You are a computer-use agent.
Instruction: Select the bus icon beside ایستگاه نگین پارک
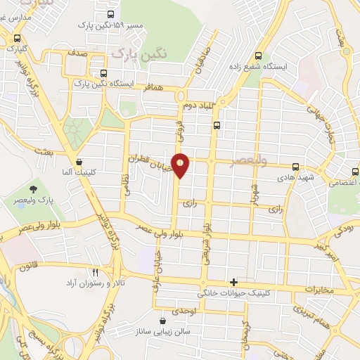(x=104, y=72)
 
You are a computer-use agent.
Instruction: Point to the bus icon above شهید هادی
(x=295, y=167)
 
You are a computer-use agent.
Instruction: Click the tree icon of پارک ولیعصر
(x=33, y=188)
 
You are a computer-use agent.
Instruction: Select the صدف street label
(x=77, y=52)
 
